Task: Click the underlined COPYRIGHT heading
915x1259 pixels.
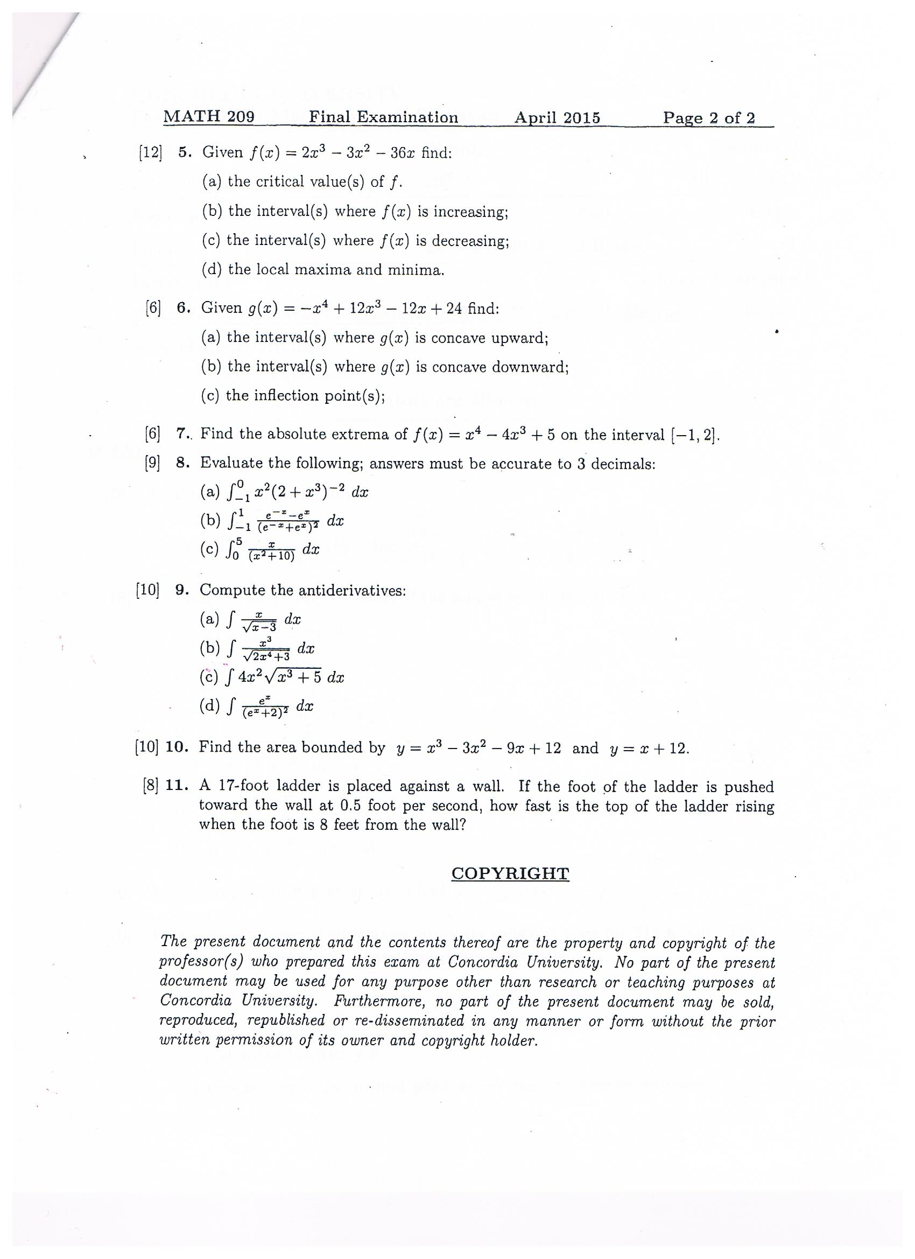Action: (510, 873)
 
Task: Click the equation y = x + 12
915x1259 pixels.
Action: (649, 749)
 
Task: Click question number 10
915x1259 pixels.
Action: (178, 747)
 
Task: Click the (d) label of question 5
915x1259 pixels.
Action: (212, 270)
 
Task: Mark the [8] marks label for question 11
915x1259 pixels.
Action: (150, 786)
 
